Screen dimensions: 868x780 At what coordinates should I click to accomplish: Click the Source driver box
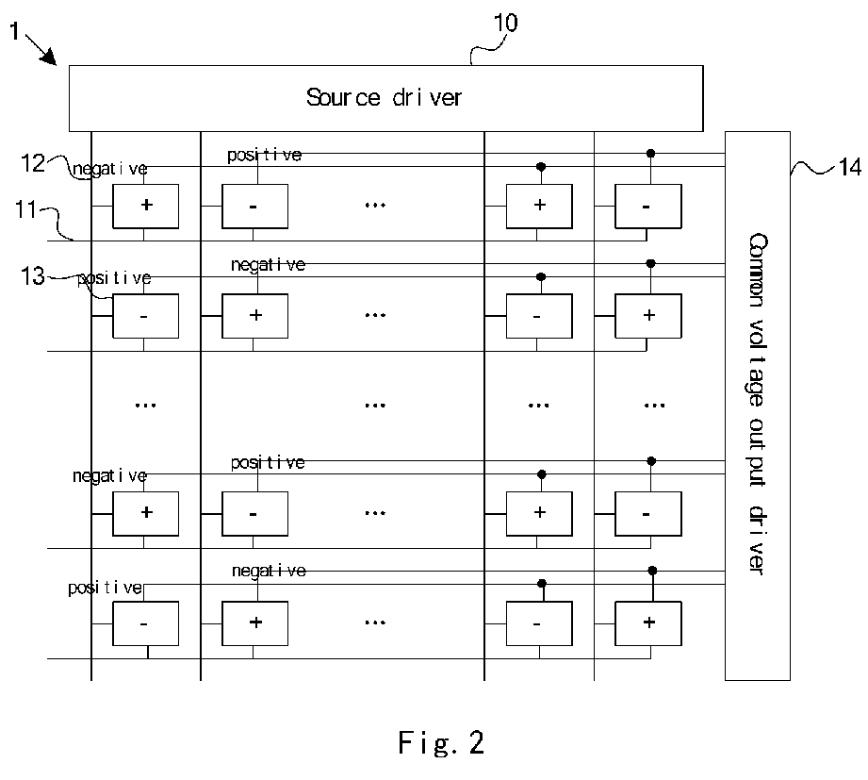(385, 98)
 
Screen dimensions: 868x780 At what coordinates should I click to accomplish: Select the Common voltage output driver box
(758, 406)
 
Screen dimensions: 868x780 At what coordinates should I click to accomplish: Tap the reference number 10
(505, 24)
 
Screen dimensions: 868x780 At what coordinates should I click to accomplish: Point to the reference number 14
(850, 167)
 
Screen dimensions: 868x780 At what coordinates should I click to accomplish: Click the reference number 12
(32, 163)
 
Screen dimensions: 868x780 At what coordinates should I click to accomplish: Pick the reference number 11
(25, 210)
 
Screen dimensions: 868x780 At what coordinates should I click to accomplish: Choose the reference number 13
(32, 276)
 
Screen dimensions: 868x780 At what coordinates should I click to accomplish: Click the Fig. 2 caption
(441, 743)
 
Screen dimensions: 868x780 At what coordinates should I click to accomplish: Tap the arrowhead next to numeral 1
(50, 57)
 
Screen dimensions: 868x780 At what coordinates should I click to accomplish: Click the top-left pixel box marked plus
(145, 206)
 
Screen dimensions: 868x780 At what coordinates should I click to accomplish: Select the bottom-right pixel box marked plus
(648, 623)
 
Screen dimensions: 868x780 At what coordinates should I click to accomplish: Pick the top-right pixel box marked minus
(648, 206)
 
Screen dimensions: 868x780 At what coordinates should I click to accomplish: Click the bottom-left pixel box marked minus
(145, 623)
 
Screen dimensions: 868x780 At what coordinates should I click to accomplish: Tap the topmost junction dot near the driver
(651, 154)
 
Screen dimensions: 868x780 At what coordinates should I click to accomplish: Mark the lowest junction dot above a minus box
(542, 583)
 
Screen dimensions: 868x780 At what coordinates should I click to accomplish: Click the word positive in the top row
(265, 155)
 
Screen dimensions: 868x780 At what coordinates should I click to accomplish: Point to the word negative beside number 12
(110, 169)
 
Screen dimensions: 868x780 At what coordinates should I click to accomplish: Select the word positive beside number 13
(114, 278)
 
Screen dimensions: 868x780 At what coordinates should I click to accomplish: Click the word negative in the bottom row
(269, 571)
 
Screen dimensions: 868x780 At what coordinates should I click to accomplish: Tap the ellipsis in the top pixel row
(375, 206)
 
